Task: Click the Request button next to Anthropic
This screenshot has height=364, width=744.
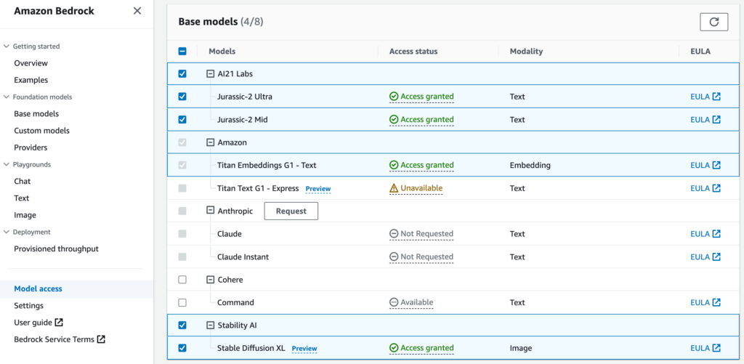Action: click(291, 211)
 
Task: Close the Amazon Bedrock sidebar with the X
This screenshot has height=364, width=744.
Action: click(137, 11)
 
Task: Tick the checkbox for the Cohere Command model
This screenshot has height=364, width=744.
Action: click(182, 302)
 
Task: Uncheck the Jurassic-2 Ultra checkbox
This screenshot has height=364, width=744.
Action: click(182, 97)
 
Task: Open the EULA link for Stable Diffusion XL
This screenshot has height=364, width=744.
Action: click(705, 348)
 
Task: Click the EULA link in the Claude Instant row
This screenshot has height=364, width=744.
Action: click(705, 256)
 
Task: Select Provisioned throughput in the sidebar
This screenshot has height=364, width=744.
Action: click(57, 248)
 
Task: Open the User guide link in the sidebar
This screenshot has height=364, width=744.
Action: click(39, 323)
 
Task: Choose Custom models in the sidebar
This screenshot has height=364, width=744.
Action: click(41, 131)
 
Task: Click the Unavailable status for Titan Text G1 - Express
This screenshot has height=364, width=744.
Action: click(416, 188)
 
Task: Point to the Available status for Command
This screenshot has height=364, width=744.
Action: click(411, 302)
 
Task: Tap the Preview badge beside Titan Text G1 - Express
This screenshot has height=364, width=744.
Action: click(318, 189)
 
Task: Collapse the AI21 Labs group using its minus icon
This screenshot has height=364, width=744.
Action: click(210, 74)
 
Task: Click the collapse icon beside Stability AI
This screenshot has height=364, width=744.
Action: click(210, 325)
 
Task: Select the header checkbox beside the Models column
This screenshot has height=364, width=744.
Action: click(182, 52)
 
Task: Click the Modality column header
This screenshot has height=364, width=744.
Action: click(526, 52)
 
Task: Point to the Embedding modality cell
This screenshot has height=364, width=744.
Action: click(530, 165)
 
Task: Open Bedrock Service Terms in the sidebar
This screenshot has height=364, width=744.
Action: click(60, 339)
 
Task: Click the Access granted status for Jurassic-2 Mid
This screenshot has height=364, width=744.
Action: click(421, 120)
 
